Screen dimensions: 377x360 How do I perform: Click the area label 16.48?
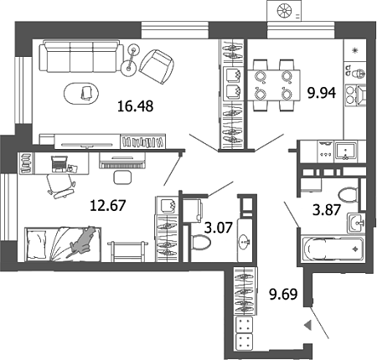pyautogui.click(x=136, y=106)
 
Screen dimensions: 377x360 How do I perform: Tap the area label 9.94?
pyautogui.click(x=322, y=92)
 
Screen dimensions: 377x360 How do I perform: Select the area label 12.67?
pyautogui.click(x=108, y=205)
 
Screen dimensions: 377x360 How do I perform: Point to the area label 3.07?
pyautogui.click(x=219, y=228)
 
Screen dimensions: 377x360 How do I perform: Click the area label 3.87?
pyautogui.click(x=327, y=209)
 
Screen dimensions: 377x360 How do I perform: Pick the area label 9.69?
pyautogui.click(x=283, y=294)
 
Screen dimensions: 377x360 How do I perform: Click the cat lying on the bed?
pyautogui.click(x=83, y=239)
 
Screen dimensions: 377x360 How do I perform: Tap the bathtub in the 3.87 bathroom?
pyautogui.click(x=332, y=249)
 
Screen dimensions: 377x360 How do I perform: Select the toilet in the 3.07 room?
pyautogui.click(x=201, y=242)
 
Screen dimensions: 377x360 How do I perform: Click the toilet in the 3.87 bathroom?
pyautogui.click(x=348, y=194)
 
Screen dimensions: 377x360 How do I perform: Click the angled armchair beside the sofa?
pyautogui.click(x=157, y=66)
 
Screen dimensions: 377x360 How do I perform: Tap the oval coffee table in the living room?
pyautogui.click(x=81, y=93)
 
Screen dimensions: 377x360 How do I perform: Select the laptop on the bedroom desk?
pyautogui.click(x=59, y=163)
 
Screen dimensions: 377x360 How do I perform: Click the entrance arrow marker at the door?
pyautogui.click(x=307, y=326)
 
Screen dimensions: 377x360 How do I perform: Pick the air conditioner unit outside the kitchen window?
pyautogui.click(x=285, y=11)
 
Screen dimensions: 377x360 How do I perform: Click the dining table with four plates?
pyautogui.click(x=274, y=85)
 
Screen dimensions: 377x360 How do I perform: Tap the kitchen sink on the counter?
pyautogui.click(x=346, y=152)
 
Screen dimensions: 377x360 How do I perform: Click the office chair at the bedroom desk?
pyautogui.click(x=60, y=186)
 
